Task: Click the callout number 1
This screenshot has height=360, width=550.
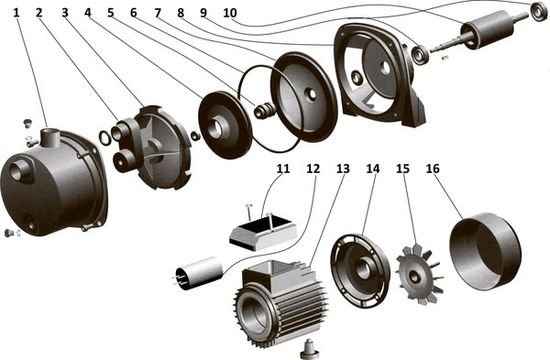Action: point(16,13)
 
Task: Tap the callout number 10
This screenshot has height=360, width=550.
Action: point(230,13)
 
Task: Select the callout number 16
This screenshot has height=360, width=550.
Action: point(433,169)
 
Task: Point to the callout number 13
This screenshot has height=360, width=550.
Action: point(343,169)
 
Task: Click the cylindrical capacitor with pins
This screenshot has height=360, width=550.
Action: point(198,273)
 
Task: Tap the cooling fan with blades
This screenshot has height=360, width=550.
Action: point(419,274)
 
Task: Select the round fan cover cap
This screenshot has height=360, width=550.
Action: point(485,251)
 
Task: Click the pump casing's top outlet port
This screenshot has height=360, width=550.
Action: point(50,137)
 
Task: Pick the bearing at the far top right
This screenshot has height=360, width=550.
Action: point(539,11)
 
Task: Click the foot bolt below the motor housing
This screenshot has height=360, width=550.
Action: point(309,348)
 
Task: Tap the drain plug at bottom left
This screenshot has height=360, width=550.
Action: point(9,233)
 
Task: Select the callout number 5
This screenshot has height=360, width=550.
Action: point(111,13)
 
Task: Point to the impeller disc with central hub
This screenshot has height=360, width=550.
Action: point(225,125)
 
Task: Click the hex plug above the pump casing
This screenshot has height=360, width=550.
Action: point(27,124)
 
